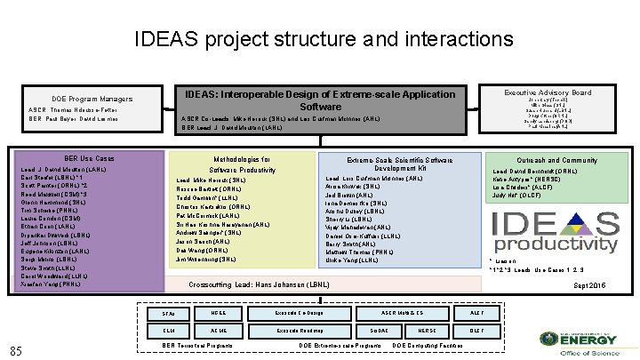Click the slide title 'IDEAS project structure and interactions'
(x=324, y=39)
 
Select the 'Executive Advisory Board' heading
(x=548, y=92)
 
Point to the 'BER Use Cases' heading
(x=89, y=158)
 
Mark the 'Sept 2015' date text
(x=591, y=284)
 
